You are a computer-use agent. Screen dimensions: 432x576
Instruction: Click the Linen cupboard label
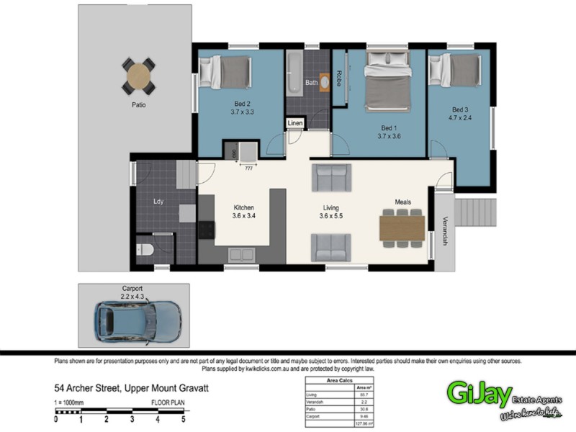(x=295, y=124)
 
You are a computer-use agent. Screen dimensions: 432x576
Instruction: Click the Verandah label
(x=446, y=231)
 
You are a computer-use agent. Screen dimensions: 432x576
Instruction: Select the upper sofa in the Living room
(x=331, y=178)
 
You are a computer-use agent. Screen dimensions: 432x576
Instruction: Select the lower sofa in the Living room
(x=331, y=247)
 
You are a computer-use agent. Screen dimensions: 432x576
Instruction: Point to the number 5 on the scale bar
(x=183, y=418)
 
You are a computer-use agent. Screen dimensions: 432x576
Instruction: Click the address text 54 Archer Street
(x=90, y=387)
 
